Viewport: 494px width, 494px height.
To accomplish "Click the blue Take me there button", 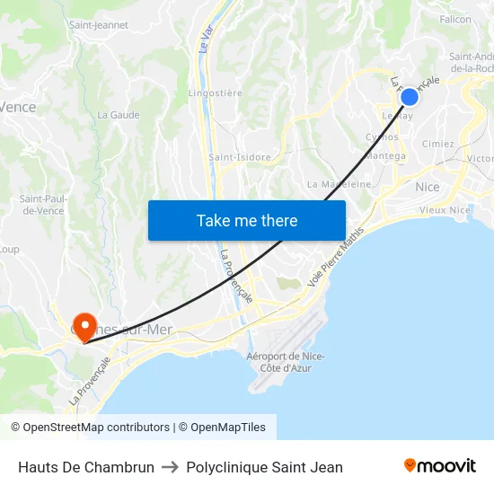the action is pos(246,220).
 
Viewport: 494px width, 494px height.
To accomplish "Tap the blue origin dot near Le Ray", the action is pos(409,97).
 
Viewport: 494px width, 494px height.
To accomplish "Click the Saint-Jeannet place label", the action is pos(99,25).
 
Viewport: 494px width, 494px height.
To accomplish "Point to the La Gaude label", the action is pos(118,115).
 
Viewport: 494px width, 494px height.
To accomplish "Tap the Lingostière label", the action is pos(215,93).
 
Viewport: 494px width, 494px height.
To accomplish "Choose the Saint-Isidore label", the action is pos(240,157).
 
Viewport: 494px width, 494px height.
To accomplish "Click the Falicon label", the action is pos(455,19).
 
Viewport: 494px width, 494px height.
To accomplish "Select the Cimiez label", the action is pos(437,144).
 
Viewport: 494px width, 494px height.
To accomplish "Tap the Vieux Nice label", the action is pos(445,210).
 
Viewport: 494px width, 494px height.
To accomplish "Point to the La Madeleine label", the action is pos(340,184).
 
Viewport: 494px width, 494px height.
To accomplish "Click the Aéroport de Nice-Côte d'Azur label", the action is pos(285,362).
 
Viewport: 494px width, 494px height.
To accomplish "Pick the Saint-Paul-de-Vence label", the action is pos(40,205).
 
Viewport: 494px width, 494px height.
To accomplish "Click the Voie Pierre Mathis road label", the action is pos(336,258).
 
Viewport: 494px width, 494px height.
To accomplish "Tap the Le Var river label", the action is pos(206,40).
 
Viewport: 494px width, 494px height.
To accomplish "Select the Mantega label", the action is pos(387,155).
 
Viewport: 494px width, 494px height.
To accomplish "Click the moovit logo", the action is pos(440,466).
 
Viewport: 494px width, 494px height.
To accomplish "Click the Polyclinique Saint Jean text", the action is pos(264,467).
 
